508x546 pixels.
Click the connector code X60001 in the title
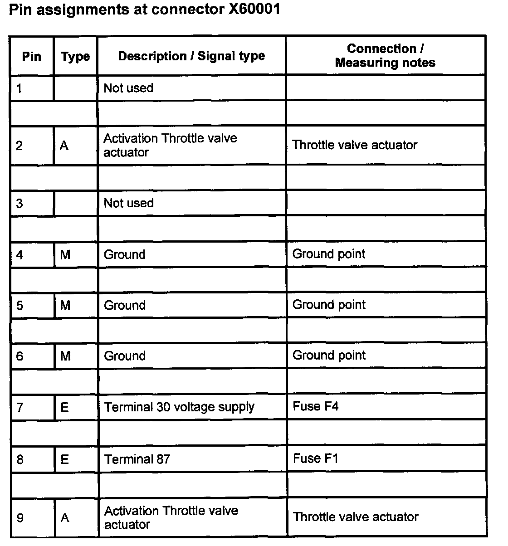click(x=251, y=10)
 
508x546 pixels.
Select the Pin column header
click(x=31, y=57)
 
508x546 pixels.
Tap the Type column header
click(x=75, y=57)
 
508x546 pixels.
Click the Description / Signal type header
click(x=191, y=56)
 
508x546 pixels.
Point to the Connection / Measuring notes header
click(x=385, y=56)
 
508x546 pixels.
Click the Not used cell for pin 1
click(x=128, y=88)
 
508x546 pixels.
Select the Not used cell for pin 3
click(x=128, y=203)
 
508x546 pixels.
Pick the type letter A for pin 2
click(x=64, y=146)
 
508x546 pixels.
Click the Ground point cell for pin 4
click(x=329, y=254)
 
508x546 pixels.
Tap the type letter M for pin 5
click(x=65, y=305)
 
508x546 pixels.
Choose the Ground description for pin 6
click(x=125, y=356)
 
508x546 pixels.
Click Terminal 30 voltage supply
click(x=179, y=407)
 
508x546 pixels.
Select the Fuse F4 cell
click(x=316, y=406)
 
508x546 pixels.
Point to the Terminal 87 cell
click(x=137, y=459)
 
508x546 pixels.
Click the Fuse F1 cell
click(x=316, y=458)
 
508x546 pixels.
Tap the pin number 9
click(x=20, y=518)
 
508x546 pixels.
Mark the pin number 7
click(x=20, y=407)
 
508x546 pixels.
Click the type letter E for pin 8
click(x=64, y=459)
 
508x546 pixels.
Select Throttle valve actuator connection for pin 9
click(x=356, y=517)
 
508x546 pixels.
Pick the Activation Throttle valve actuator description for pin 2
click(x=170, y=145)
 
